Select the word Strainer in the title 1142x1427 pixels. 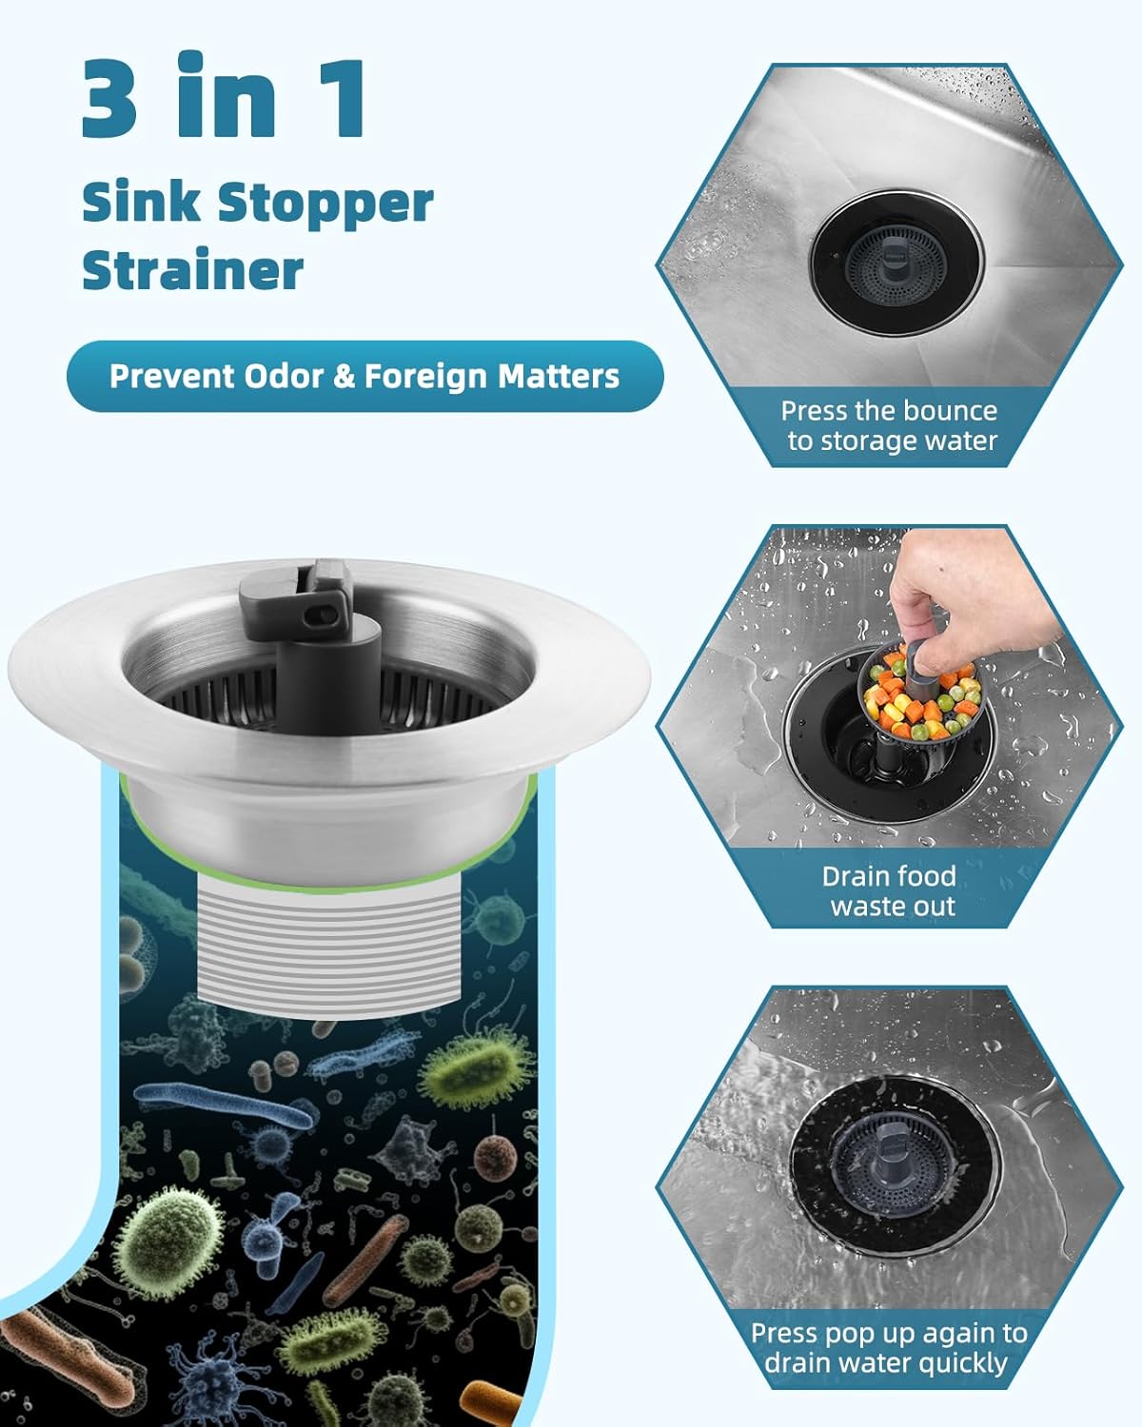pos(192,270)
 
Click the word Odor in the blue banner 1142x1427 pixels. pos(285,376)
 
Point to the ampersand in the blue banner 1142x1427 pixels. pos(344,377)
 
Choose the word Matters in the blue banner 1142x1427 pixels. pos(559,376)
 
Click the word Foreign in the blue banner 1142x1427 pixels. pos(426,377)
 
